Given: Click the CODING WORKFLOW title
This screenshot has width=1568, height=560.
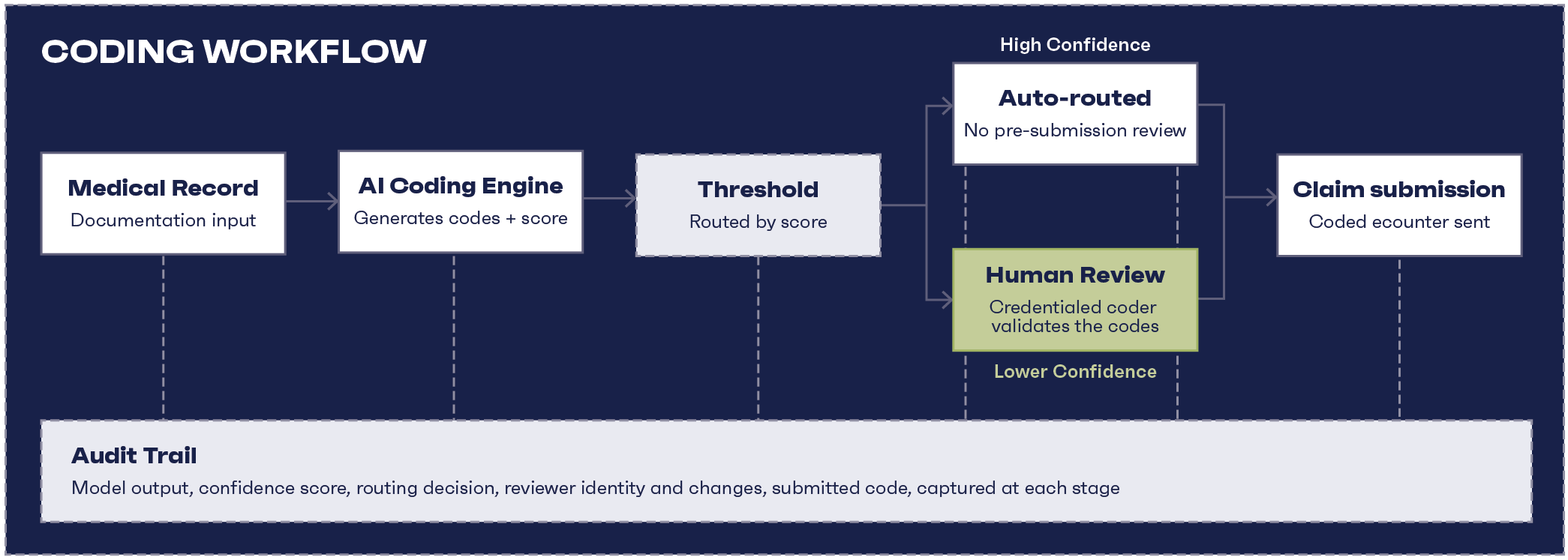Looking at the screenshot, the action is pyautogui.click(x=234, y=51).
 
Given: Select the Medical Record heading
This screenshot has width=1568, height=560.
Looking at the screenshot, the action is pyautogui.click(x=163, y=187).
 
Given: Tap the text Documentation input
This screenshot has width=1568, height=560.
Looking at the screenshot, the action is pyautogui.click(x=163, y=220).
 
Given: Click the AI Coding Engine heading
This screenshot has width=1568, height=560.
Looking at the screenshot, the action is pyautogui.click(x=461, y=186).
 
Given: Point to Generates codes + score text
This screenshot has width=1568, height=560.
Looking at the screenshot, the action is pyautogui.click(x=461, y=218).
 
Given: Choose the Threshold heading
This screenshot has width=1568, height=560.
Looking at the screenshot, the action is pyautogui.click(x=758, y=189).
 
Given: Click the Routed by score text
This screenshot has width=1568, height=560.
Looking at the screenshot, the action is pyautogui.click(x=758, y=222).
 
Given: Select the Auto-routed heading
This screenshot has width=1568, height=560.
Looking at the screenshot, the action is pyautogui.click(x=1074, y=98).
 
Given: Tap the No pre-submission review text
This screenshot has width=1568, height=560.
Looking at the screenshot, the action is pyautogui.click(x=1074, y=130).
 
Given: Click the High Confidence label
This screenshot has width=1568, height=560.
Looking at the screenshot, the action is pyautogui.click(x=1074, y=45).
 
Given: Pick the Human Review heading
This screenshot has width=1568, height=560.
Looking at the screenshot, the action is pyautogui.click(x=1074, y=275).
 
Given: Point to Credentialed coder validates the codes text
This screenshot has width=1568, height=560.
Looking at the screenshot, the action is pyautogui.click(x=1074, y=316).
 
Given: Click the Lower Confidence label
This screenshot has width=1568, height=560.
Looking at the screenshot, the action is pyautogui.click(x=1074, y=372).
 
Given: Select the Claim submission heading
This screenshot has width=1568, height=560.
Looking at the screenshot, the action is pyautogui.click(x=1398, y=189).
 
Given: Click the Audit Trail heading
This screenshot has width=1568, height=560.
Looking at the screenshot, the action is pyautogui.click(x=134, y=455).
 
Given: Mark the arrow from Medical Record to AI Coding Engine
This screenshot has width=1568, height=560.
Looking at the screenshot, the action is pyautogui.click(x=311, y=201).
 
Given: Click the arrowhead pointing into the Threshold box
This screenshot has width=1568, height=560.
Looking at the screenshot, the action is pyautogui.click(x=631, y=199).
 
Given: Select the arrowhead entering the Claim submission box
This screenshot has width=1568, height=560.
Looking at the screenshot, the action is pyautogui.click(x=1271, y=198).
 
